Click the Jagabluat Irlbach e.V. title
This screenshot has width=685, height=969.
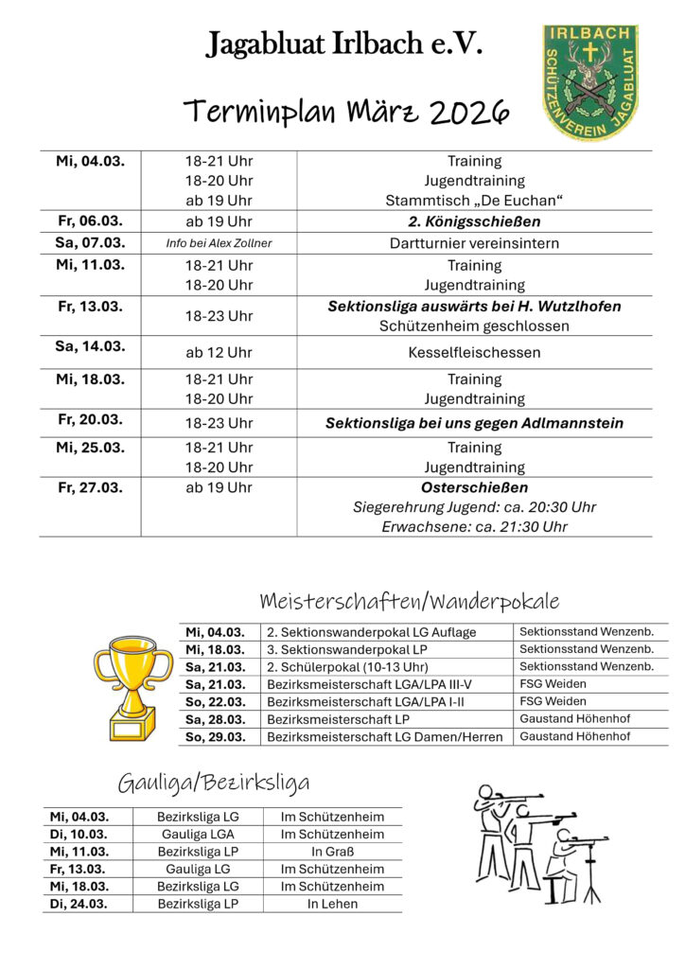pyautogui.click(x=343, y=44)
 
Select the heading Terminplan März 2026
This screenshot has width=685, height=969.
pyautogui.click(x=346, y=113)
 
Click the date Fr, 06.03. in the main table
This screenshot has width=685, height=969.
pyautogui.click(x=90, y=221)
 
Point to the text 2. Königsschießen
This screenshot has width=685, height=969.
pyautogui.click(x=474, y=221)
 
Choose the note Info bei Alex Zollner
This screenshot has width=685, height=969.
pyautogui.click(x=219, y=243)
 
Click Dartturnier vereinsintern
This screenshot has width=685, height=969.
pyautogui.click(x=474, y=243)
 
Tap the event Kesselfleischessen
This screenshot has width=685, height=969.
pyautogui.click(x=474, y=352)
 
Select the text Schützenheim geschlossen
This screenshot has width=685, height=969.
pyautogui.click(x=474, y=326)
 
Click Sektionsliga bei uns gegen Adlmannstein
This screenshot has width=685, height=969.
pyautogui.click(x=474, y=423)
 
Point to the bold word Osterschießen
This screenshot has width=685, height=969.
pyautogui.click(x=474, y=487)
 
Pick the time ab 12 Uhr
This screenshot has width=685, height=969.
pyautogui.click(x=219, y=352)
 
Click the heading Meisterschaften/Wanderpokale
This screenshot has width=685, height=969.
pyautogui.click(x=409, y=601)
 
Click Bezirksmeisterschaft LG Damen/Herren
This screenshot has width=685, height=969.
pyautogui.click(x=384, y=736)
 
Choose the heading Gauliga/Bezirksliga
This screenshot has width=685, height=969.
pyautogui.click(x=214, y=783)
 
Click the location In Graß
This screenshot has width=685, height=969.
pyautogui.click(x=332, y=852)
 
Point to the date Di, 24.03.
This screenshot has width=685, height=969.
pyautogui.click(x=79, y=904)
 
